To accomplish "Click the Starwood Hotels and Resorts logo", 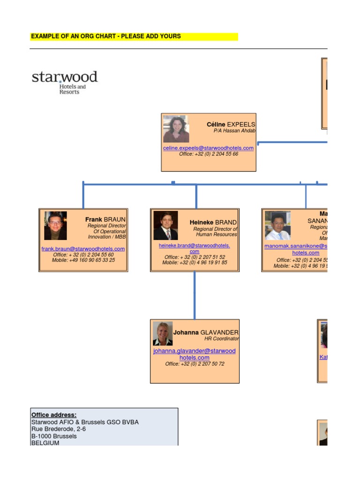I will coord(64,82).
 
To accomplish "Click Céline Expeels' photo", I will coord(176,129).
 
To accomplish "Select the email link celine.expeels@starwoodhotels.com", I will coord(208,148).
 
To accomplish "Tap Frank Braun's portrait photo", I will coord(55,225).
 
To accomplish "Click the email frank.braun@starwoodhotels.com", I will coord(83,249).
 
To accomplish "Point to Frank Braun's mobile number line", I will coord(83,260).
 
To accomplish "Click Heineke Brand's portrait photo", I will coord(165,226).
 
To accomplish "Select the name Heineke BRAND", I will coord(213,222).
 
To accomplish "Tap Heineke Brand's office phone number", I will coord(195,257).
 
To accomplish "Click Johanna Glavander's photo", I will coord(163,334).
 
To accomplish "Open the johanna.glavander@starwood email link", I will coord(195,351).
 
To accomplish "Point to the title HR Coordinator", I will coord(221,338).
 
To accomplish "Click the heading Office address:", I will coord(54,415).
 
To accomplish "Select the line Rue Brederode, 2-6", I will coord(59,429).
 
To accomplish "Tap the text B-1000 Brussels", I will coord(54,436).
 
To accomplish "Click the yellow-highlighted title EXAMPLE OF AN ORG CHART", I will coord(105,36).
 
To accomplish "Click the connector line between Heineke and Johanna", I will coord(195,295).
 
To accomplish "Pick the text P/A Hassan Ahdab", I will coord(234,131).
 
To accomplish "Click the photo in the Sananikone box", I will coord(277,225).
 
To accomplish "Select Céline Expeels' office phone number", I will coord(208,154).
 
